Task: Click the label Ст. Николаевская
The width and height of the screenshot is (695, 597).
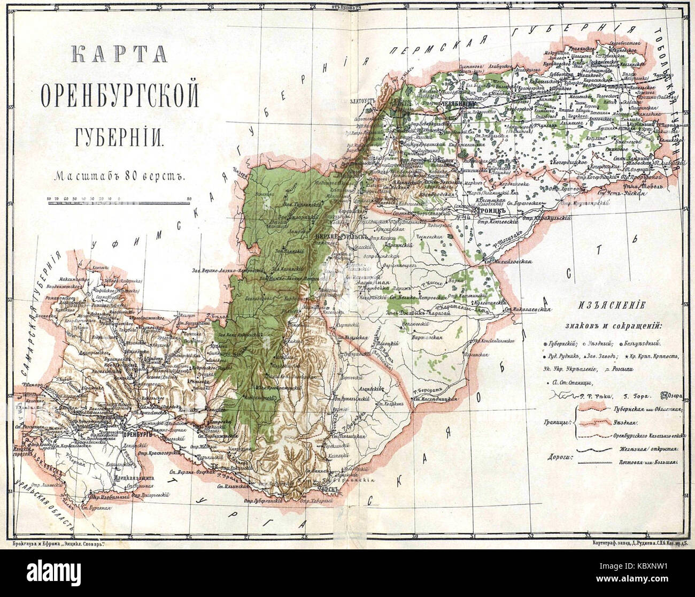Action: (528, 310)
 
